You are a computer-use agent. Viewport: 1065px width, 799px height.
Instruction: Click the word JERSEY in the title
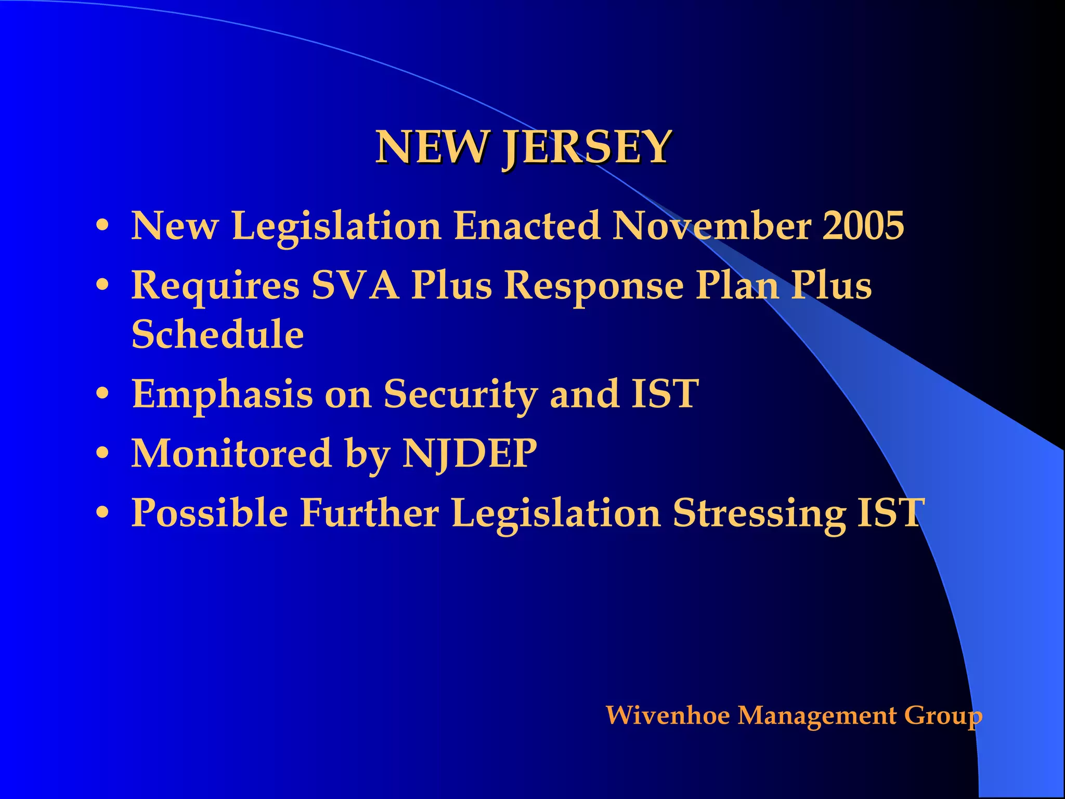tap(588, 148)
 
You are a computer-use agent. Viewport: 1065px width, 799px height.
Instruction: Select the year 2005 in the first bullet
tap(863, 226)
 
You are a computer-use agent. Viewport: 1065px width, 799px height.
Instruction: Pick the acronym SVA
tap(356, 286)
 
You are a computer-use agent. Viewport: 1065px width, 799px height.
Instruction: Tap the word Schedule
tap(217, 334)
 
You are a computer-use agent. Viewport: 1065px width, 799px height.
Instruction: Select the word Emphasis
tap(223, 394)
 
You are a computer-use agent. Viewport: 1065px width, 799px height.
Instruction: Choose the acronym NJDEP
tap(470, 454)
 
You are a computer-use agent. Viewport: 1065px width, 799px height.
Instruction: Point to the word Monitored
tap(231, 453)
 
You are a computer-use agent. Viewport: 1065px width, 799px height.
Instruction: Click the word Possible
tap(210, 513)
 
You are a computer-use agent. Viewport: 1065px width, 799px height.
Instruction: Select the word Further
tap(370, 513)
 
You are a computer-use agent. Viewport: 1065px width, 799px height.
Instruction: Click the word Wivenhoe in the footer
tap(668, 715)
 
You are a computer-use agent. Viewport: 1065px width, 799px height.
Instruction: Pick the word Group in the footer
tap(943, 716)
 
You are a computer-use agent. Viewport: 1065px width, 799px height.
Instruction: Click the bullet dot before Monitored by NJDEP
tap(102, 454)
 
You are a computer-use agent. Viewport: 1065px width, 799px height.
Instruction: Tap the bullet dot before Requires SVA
tap(102, 286)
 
